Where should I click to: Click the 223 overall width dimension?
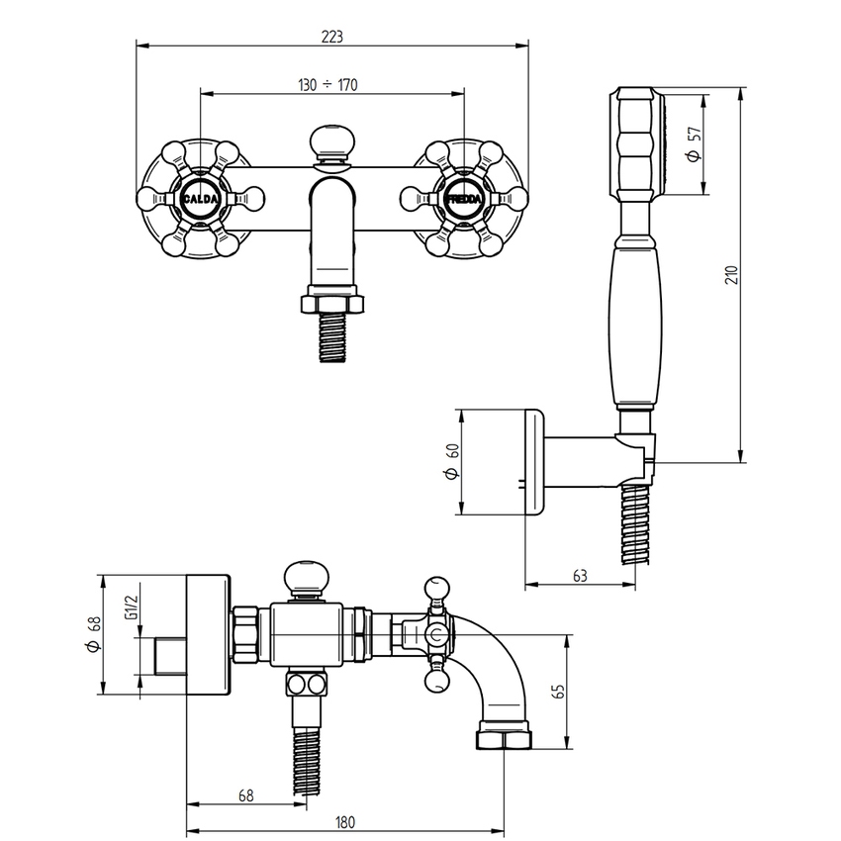[x=331, y=37]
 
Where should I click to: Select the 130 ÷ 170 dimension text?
[x=327, y=85]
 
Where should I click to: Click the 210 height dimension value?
[x=731, y=274]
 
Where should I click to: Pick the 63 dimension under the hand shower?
[x=580, y=575]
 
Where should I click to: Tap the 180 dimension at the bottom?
[x=345, y=821]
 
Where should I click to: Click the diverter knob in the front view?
[x=331, y=141]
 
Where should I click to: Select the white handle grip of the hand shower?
[x=634, y=327]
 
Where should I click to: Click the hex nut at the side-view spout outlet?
[x=504, y=738]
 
